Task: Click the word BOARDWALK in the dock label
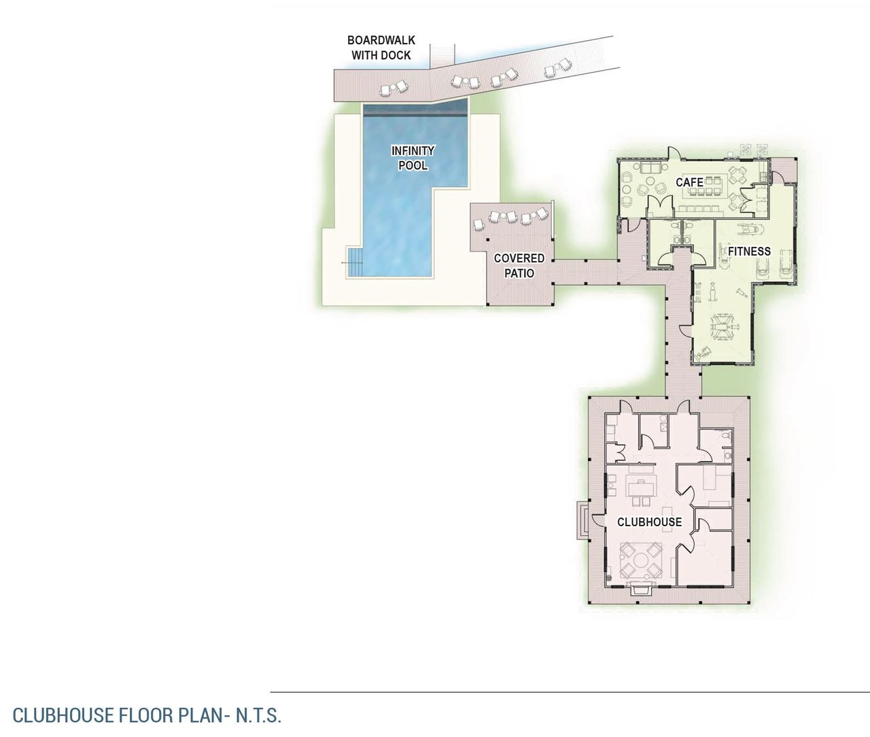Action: click(x=381, y=40)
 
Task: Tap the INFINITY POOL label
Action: click(x=413, y=158)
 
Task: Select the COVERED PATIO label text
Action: click(x=519, y=265)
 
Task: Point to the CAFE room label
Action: click(x=689, y=182)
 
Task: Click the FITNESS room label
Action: click(x=749, y=252)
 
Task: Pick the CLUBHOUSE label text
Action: click(x=650, y=521)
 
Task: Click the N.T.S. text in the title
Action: click(x=258, y=715)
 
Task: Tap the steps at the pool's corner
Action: click(x=355, y=262)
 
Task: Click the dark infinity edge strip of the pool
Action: click(x=415, y=110)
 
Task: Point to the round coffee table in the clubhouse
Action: click(x=642, y=560)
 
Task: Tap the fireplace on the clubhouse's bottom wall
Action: click(x=641, y=587)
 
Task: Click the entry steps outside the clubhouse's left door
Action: click(x=582, y=520)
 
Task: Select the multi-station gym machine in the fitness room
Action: click(x=725, y=327)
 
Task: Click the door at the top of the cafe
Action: click(x=673, y=152)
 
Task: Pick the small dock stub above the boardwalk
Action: click(x=442, y=55)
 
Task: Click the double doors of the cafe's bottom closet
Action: click(x=659, y=205)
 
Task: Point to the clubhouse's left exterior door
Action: click(x=597, y=520)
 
